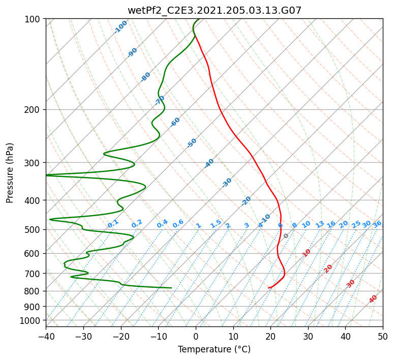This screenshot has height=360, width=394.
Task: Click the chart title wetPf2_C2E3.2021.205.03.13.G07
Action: click(215, 10)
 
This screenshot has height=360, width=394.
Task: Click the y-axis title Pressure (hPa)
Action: click(10, 173)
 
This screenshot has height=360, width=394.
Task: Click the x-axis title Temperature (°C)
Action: click(215, 349)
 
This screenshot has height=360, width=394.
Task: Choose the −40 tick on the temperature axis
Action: click(46, 336)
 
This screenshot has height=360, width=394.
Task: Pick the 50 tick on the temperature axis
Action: click(383, 336)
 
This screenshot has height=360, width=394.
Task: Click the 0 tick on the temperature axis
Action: click(196, 336)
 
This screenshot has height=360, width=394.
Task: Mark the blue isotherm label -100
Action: click(120, 27)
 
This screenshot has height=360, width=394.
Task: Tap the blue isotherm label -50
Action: click(192, 143)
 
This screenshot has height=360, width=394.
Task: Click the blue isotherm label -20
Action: click(246, 201)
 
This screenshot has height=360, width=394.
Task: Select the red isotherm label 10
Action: click(307, 253)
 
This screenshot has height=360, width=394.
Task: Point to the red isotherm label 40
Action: click(373, 299)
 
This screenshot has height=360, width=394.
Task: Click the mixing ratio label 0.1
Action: click(113, 224)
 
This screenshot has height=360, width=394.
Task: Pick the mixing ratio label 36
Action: click(377, 224)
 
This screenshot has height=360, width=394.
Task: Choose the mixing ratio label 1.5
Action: click(216, 224)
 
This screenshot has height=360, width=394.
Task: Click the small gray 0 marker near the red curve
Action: click(286, 235)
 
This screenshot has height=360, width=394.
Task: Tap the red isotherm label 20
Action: click(328, 269)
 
